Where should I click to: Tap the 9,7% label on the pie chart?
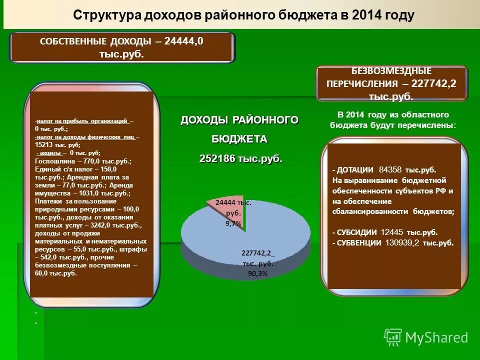coord(233,224)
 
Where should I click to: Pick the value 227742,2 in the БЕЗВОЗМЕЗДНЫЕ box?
coord(433,83)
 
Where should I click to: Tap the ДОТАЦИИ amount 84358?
coord(391,169)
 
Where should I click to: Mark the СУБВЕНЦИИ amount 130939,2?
coord(402,243)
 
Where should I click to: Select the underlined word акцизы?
coord(50,153)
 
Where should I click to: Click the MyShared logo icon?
coord(393,337)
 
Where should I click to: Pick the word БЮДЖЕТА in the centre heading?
coord(239,138)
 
